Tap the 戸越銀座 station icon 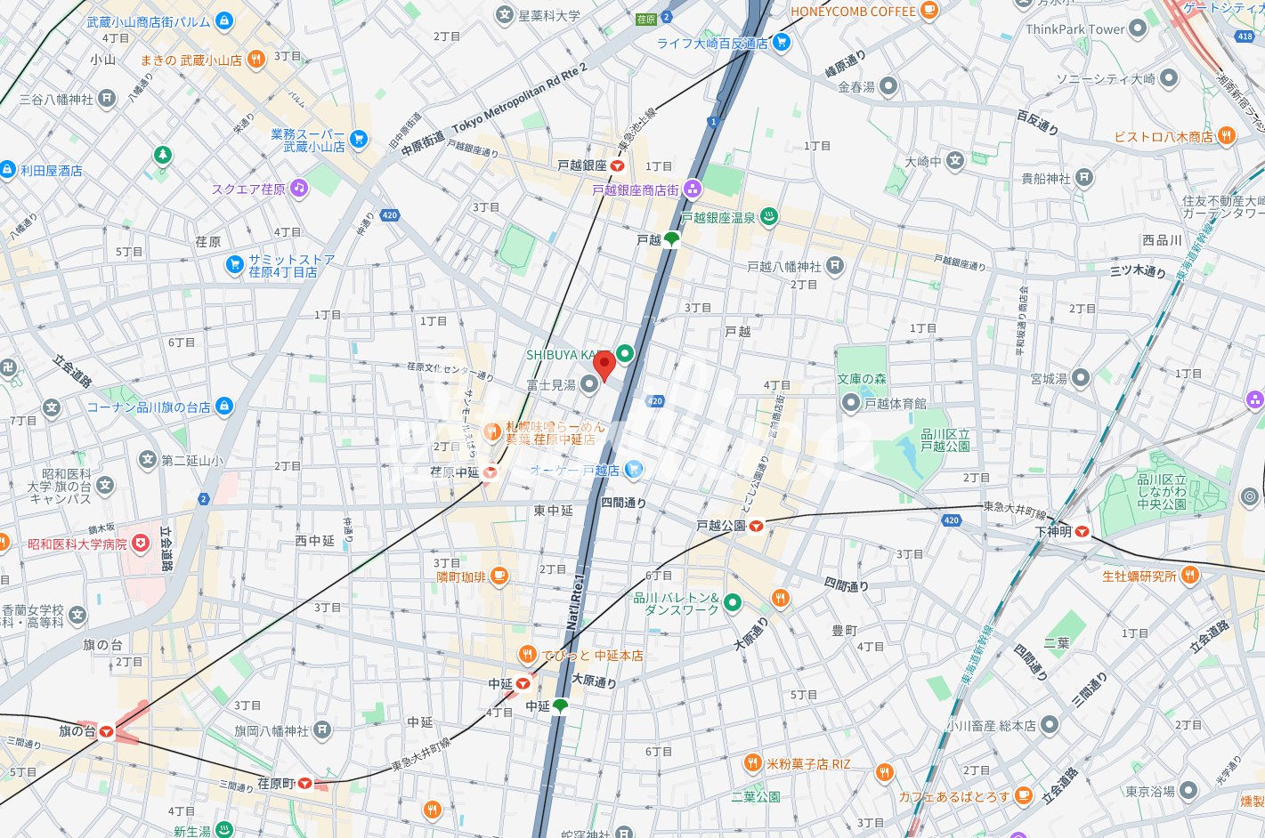coord(617,166)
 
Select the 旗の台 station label coord(77,731)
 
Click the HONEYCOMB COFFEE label coord(853,12)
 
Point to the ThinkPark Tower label coord(1074,29)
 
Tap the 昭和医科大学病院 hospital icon coord(140,543)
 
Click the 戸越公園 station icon coord(756,526)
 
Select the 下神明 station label coord(1052,532)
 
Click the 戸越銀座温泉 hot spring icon coord(769,216)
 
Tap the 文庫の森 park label coord(861,379)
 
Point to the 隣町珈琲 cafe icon coord(499,576)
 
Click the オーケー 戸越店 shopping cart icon coord(633,469)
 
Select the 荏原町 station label coord(275,784)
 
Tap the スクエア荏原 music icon coord(299,188)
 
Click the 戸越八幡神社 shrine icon coord(834,265)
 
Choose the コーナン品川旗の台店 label coord(148,407)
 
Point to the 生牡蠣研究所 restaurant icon coord(1190,576)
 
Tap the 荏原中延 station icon coord(490,473)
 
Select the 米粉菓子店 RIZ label coord(808,764)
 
